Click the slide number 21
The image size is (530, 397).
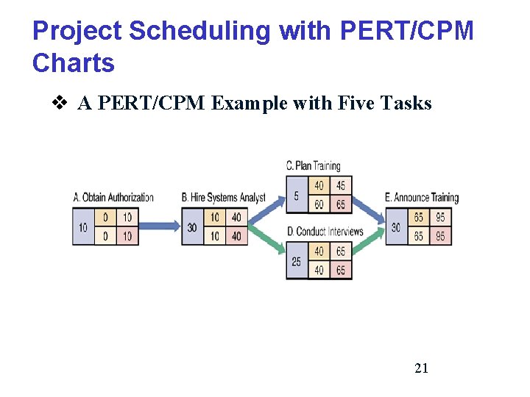[x=421, y=368]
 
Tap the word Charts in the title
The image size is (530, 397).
[x=74, y=63]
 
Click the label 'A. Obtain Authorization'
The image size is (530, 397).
[x=113, y=197]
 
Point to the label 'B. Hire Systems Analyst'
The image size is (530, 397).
[x=223, y=197]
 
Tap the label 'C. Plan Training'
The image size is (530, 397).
[x=313, y=165]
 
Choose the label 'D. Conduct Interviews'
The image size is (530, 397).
[x=325, y=232]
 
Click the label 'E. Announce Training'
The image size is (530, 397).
[x=422, y=197]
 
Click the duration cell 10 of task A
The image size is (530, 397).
[x=82, y=227]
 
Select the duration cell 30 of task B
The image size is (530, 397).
[x=191, y=227]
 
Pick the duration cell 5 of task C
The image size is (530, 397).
[x=296, y=196]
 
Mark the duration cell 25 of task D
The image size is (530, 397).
[x=296, y=262]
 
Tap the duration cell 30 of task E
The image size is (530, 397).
[x=396, y=227]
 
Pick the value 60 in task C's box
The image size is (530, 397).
[x=319, y=204]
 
